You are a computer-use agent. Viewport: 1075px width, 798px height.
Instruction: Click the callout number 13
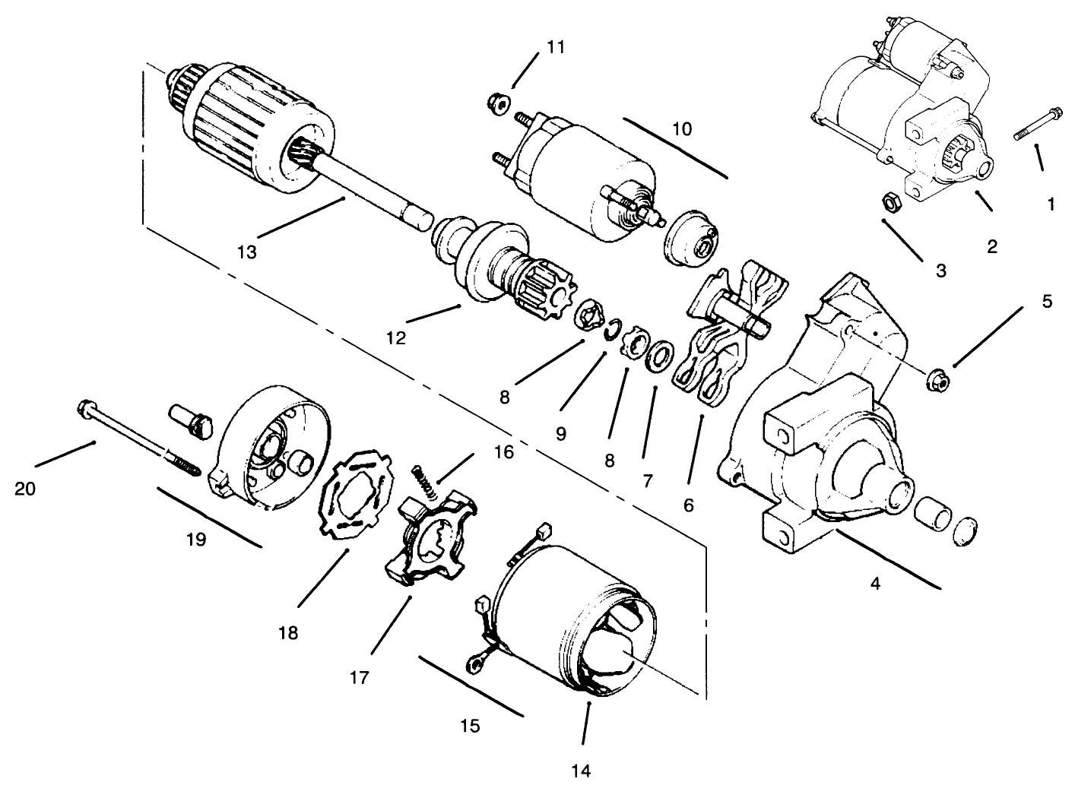246,252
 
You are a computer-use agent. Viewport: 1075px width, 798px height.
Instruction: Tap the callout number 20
25,489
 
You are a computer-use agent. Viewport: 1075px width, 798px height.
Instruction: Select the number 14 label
581,771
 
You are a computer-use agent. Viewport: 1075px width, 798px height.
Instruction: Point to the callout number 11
556,47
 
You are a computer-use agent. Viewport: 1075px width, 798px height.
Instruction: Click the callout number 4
875,584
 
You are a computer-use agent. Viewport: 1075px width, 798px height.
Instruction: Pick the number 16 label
504,452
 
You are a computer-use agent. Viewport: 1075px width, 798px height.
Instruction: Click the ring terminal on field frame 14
474,664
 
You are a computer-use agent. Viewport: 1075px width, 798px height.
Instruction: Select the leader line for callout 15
471,686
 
